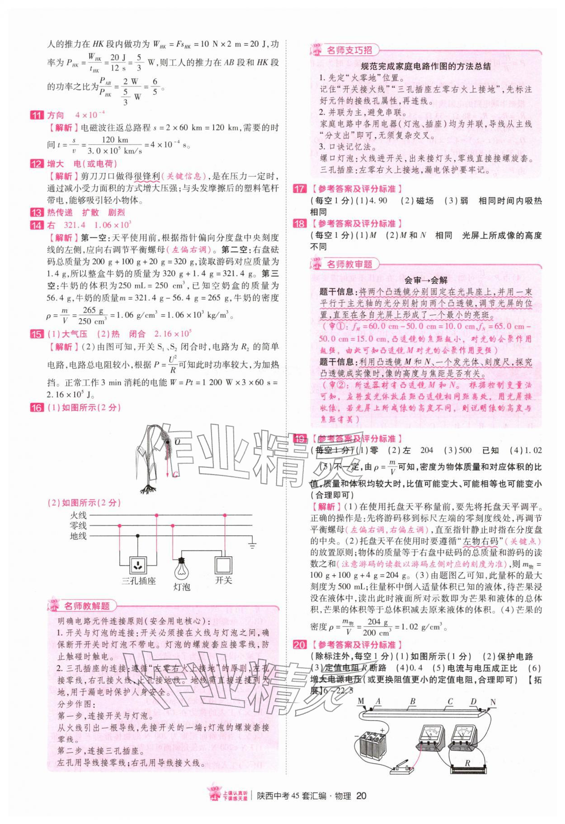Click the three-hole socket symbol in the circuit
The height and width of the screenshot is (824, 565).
point(137,564)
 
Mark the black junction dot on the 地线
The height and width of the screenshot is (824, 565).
point(137,536)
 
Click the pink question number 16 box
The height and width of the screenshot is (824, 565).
point(36,408)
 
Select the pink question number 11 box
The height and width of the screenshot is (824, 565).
point(36,115)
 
